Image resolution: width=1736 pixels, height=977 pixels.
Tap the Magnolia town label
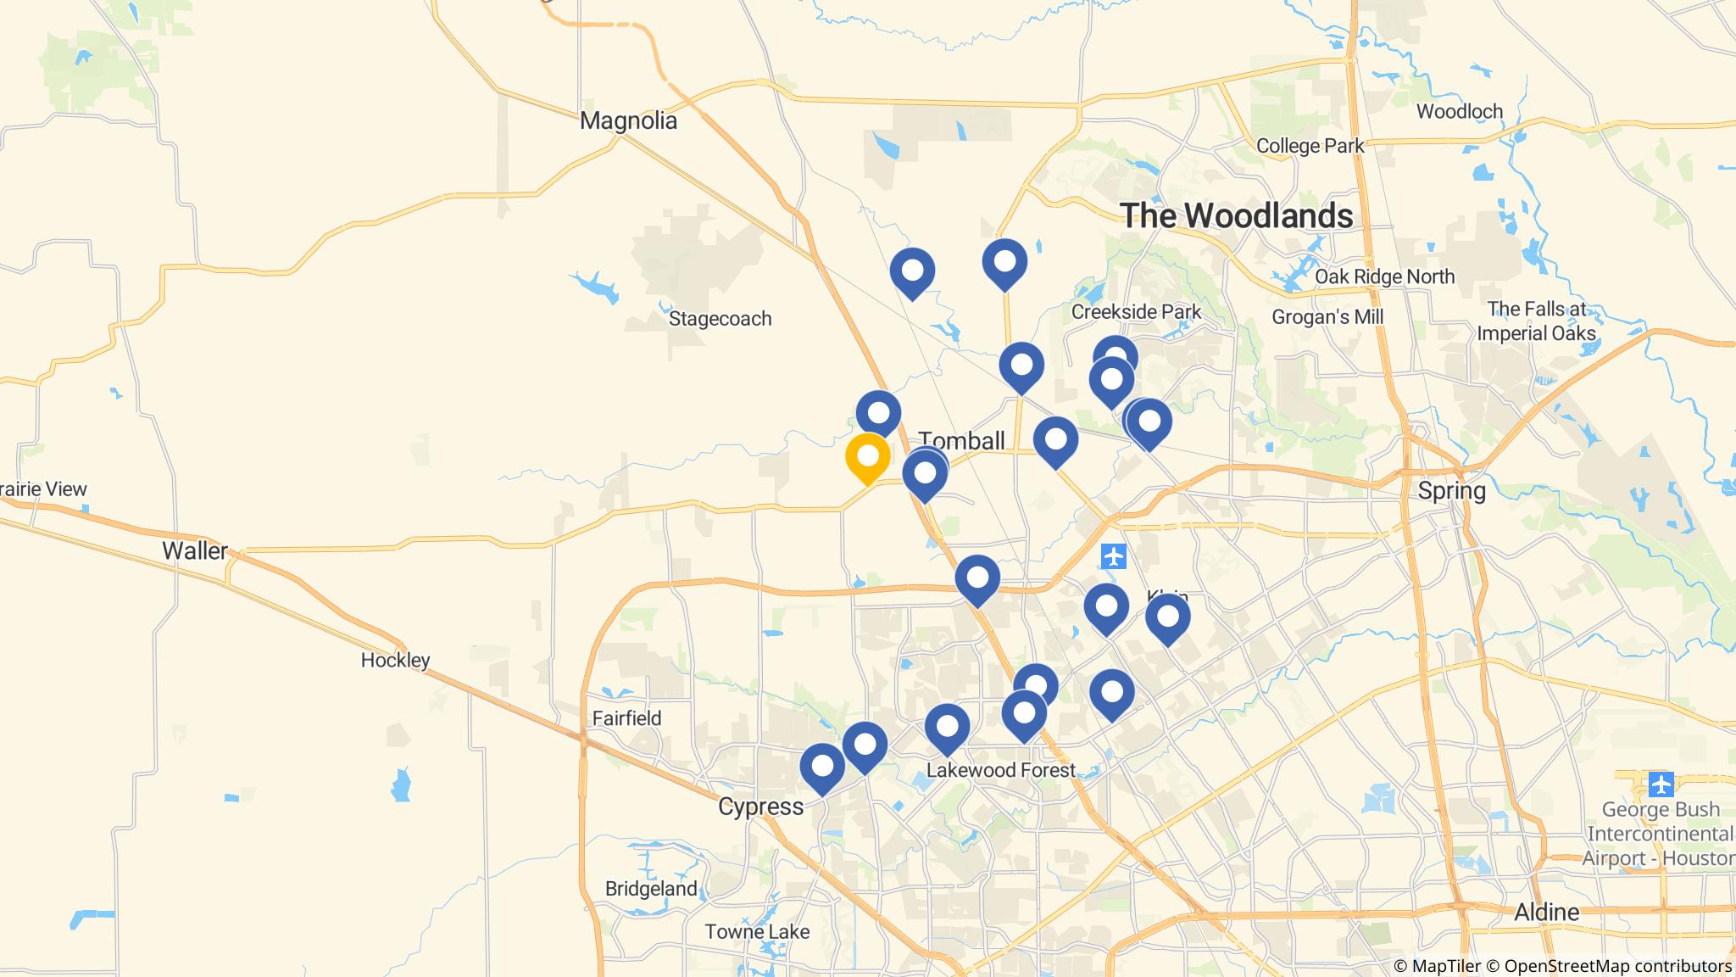pyautogui.click(x=628, y=120)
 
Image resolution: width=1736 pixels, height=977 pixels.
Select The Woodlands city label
pyautogui.click(x=1237, y=215)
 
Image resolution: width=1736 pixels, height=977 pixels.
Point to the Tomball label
pyautogui.click(x=961, y=441)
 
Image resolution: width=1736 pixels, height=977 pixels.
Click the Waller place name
pyautogui.click(x=195, y=551)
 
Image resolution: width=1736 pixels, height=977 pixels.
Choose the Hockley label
pyautogui.click(x=395, y=660)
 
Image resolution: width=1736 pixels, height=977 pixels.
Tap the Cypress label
pyautogui.click(x=760, y=807)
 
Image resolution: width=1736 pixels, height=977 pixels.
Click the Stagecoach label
pyautogui.click(x=720, y=319)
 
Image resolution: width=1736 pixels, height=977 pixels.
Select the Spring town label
pyautogui.click(x=1451, y=491)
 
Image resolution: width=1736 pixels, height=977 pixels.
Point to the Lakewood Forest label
pyautogui.click(x=1000, y=770)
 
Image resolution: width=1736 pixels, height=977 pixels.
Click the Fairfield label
pyautogui.click(x=626, y=718)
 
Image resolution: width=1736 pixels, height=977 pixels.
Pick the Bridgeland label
pyautogui.click(x=651, y=889)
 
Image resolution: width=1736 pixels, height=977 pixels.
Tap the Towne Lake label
pyautogui.click(x=757, y=932)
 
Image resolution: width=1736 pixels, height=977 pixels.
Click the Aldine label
pyautogui.click(x=1546, y=913)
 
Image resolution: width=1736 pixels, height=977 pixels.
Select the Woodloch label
pyautogui.click(x=1459, y=111)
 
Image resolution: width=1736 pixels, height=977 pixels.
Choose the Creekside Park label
pyautogui.click(x=1136, y=312)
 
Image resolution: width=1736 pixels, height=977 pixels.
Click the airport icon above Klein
pyautogui.click(x=1114, y=557)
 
